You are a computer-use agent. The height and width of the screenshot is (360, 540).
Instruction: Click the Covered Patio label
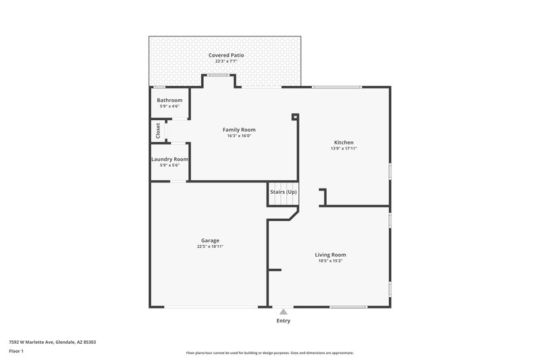[225, 55]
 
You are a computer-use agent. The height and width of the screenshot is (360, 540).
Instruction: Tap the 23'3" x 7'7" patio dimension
[225, 61]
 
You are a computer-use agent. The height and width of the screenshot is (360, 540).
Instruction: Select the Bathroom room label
[169, 100]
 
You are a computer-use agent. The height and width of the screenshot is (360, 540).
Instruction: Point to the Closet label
[158, 130]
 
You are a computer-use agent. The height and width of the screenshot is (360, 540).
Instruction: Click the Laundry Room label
[169, 159]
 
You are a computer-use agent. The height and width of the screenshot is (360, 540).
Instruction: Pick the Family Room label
[239, 130]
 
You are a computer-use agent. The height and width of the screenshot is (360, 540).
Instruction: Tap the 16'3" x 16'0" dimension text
[239, 136]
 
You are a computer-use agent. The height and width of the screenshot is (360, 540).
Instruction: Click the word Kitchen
[344, 143]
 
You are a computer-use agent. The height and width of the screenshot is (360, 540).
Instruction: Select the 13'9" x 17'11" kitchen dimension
[344, 149]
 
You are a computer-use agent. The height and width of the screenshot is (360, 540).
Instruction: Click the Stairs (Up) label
[283, 192]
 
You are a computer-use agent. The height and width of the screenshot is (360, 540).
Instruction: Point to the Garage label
[210, 240]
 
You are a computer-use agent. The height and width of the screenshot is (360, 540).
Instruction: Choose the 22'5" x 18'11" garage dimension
[210, 247]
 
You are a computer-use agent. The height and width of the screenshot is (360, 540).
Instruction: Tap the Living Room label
[330, 255]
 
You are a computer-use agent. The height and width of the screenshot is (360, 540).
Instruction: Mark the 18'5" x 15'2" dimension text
[330, 261]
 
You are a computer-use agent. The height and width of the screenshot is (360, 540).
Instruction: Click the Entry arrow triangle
[283, 311]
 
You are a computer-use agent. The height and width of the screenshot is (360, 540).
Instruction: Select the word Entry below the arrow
[283, 321]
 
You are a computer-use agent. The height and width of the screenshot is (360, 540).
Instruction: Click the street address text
[52, 342]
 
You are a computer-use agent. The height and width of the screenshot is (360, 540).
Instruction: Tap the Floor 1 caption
[16, 351]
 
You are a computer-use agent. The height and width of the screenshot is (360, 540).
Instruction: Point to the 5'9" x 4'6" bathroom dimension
[169, 106]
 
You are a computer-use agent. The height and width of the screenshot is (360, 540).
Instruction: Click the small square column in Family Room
[295, 117]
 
